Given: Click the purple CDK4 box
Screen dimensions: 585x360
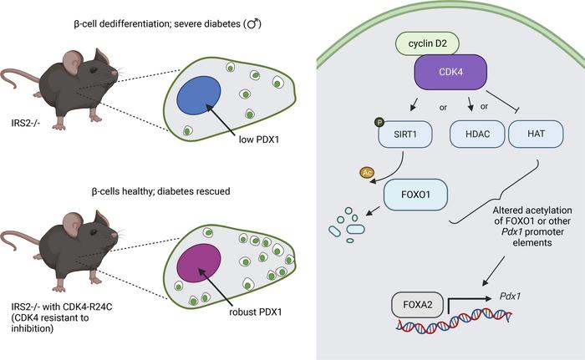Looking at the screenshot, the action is [x=450, y=72].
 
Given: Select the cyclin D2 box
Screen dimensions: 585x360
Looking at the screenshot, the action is [x=427, y=43].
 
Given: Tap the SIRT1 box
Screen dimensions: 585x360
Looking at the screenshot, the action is [x=405, y=134].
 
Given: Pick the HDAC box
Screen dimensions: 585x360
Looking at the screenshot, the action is [x=477, y=134].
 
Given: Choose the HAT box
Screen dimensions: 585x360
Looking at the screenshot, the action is [x=537, y=134].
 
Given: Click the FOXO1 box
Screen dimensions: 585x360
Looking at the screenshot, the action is [x=415, y=195].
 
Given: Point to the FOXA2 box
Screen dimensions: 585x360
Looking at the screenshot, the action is [x=418, y=305].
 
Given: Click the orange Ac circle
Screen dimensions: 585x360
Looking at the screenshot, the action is [x=367, y=172].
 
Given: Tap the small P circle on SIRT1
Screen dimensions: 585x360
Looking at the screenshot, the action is [x=379, y=122].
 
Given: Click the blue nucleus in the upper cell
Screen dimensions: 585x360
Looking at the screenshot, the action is [x=199, y=95].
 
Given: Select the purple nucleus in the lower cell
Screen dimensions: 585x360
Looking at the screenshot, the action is [x=199, y=262].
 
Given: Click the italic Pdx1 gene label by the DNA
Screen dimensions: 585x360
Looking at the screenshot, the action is [x=510, y=297].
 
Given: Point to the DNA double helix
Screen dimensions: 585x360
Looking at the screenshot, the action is [x=454, y=321].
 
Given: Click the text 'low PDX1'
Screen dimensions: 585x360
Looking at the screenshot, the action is [x=259, y=139].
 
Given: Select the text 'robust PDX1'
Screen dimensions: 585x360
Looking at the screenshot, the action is [x=256, y=312].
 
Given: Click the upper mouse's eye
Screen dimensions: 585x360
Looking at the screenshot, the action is [x=94, y=70].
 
